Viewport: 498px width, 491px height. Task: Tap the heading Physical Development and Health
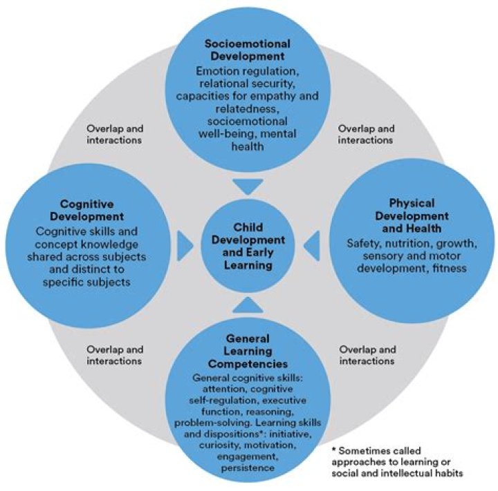pyautogui.click(x=412, y=215)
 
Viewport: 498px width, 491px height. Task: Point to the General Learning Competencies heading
pyautogui.click(x=247, y=352)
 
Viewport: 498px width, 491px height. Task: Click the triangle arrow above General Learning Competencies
pyautogui.click(x=248, y=305)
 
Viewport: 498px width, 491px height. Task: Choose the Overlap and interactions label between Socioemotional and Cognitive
pyautogui.click(x=116, y=134)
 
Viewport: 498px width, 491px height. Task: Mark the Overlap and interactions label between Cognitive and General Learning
pyautogui.click(x=116, y=355)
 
